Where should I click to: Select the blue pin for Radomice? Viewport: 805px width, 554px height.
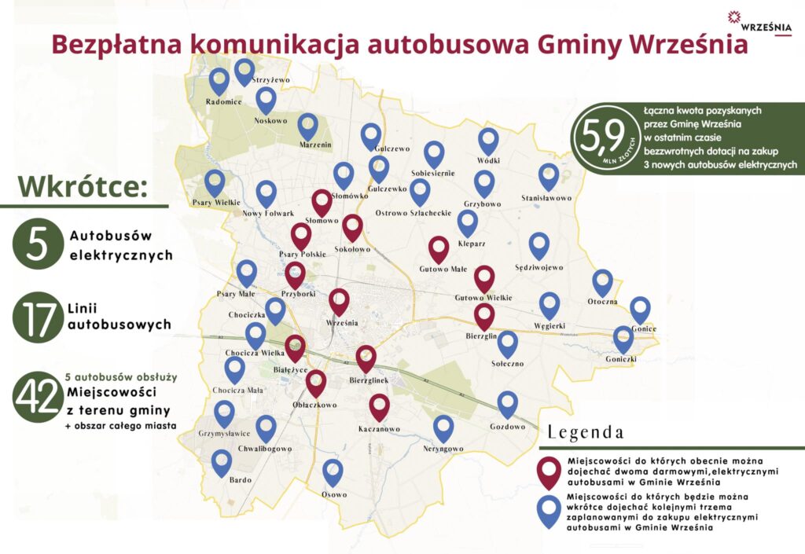pyautogui.click(x=219, y=80)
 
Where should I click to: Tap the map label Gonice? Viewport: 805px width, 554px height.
pyautogui.click(x=642, y=328)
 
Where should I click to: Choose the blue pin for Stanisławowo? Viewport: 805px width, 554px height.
pyautogui.click(x=547, y=178)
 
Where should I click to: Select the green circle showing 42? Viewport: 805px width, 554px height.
pyautogui.click(x=37, y=398)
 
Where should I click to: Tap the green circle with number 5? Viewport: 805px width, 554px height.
pyautogui.click(x=37, y=245)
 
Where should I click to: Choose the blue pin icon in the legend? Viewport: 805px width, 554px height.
pyautogui.click(x=548, y=511)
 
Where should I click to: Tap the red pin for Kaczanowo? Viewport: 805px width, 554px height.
pyautogui.click(x=380, y=408)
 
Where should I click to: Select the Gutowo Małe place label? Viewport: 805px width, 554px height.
pyautogui.click(x=439, y=269)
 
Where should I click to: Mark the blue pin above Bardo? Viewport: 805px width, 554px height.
pyautogui.click(x=222, y=462)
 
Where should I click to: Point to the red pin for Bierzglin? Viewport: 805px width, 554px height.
pyautogui.click(x=484, y=316)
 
